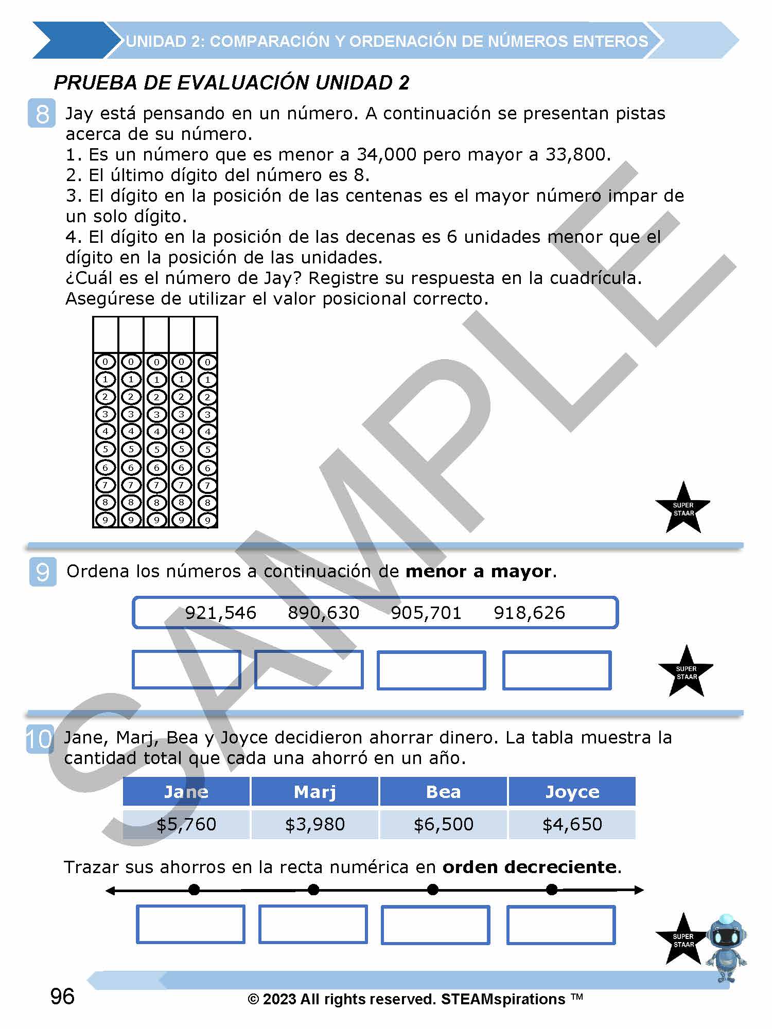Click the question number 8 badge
click(42, 114)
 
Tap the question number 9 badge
click(42, 572)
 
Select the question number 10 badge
click(39, 739)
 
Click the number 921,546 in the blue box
click(220, 613)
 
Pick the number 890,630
click(323, 613)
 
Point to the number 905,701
click(426, 613)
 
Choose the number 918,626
click(529, 613)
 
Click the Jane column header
click(186, 792)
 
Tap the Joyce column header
click(572, 792)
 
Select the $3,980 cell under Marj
click(315, 824)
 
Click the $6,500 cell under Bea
click(444, 824)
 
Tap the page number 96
click(62, 997)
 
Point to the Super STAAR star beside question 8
click(683, 509)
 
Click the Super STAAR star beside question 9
click(686, 672)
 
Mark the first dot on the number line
click(194, 890)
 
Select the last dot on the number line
click(552, 890)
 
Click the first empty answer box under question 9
click(186, 670)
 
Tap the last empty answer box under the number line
click(561, 925)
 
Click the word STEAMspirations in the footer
click(503, 999)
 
